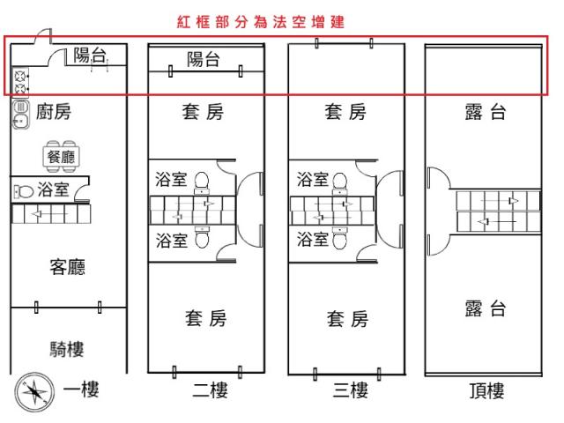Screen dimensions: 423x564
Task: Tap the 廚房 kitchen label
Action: click(x=54, y=112)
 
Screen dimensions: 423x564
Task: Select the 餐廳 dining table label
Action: click(x=62, y=156)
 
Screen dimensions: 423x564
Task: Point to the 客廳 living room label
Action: click(x=67, y=266)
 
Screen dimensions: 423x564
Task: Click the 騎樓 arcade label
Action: click(x=67, y=349)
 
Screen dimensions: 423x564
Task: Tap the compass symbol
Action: click(x=33, y=390)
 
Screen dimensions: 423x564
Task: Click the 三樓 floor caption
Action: click(x=347, y=390)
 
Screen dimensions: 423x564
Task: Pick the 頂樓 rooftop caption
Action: click(x=486, y=390)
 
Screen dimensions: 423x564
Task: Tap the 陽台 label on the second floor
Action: click(x=204, y=60)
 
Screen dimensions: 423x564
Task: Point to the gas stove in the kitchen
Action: click(x=20, y=82)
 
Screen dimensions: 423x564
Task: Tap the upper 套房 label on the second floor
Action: click(x=204, y=112)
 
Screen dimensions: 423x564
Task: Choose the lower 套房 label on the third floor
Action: click(x=347, y=318)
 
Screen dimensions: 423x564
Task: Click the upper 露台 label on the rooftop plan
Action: click(x=486, y=112)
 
